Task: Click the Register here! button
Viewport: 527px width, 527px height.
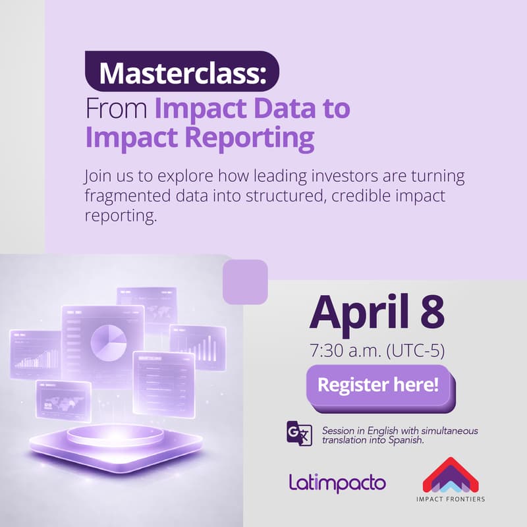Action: pos(378,385)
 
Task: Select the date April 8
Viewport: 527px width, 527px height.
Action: pos(376,313)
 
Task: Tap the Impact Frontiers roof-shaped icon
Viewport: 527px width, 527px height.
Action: pos(451,474)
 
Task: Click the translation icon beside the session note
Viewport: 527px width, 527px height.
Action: pos(298,433)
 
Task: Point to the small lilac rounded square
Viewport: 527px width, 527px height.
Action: pos(245,282)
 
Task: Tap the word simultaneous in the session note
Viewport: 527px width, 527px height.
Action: pos(445,431)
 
